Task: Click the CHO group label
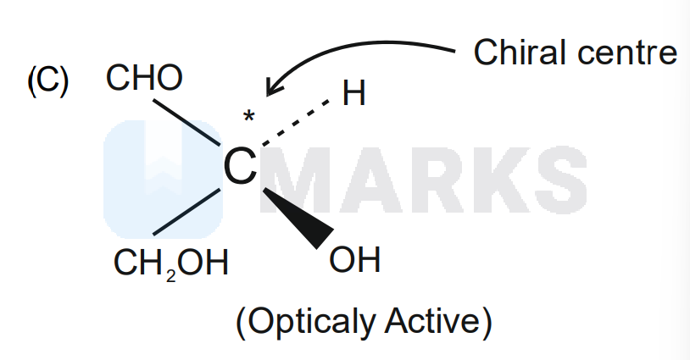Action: tap(144, 78)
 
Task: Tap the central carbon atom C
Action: tap(240, 167)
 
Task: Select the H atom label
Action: tap(353, 93)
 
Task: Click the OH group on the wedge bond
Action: tap(354, 259)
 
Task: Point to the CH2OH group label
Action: tap(171, 263)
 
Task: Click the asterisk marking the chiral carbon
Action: tap(248, 117)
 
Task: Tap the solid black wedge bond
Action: tap(299, 218)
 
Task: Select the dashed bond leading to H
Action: tap(295, 123)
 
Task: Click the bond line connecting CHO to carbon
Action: tap(186, 122)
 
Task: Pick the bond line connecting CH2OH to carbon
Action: tap(186, 212)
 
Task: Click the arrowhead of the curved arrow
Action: tap(273, 87)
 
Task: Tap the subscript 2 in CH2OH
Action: tap(171, 276)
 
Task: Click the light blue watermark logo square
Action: tap(164, 180)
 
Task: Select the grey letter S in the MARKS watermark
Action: tap(562, 180)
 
